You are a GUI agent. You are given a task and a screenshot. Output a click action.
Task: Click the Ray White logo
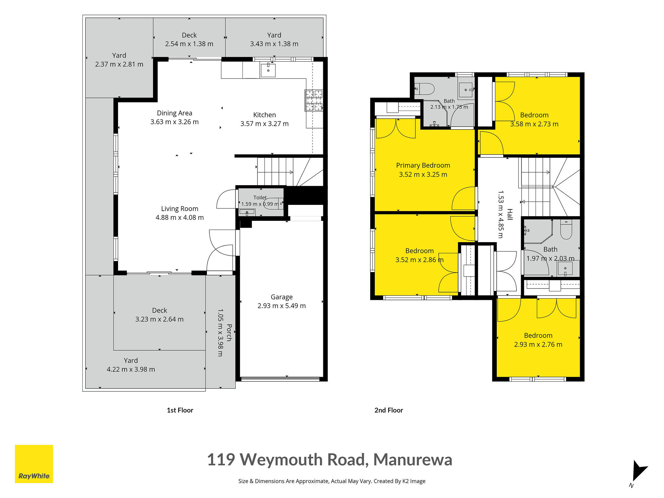[x=34, y=464]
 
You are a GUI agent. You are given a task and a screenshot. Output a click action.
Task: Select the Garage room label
[x=281, y=297]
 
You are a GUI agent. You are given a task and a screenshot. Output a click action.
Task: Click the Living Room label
[x=180, y=209]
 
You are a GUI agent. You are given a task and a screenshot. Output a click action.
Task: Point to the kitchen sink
[x=268, y=70]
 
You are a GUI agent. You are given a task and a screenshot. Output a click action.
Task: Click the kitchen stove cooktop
[x=314, y=101]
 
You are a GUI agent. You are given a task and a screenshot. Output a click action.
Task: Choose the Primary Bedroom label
[x=423, y=165]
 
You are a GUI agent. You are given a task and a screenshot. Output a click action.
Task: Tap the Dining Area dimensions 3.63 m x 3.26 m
[x=174, y=122]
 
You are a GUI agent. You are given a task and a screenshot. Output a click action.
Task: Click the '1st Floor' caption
[x=180, y=410]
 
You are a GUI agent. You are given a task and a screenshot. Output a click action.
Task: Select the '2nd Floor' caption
[x=389, y=410]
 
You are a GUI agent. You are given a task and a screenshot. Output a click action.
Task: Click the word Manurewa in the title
[x=413, y=459]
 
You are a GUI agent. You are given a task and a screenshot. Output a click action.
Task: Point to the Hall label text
[x=510, y=215]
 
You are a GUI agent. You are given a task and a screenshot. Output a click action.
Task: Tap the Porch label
[x=229, y=333]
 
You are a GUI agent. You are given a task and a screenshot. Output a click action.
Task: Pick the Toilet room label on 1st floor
[x=260, y=197]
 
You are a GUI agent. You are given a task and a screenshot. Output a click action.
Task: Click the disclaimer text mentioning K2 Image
[x=332, y=481]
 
